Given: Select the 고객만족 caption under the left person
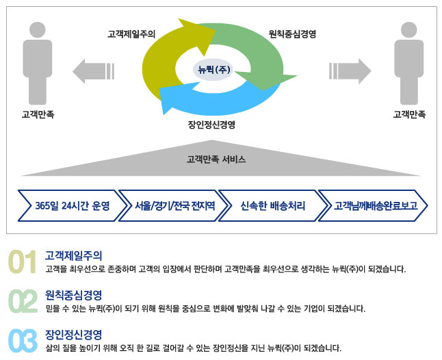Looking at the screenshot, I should pos(38,114).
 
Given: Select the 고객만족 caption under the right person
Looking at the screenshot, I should pos(409,114).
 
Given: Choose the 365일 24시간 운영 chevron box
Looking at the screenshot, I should pos(72,205).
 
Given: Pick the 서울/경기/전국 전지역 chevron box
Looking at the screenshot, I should pos(174,205).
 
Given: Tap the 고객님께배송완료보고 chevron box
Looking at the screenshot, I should pos(373,205).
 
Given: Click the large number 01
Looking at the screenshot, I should pos(22,263).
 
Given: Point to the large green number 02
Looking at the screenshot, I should pos(22,302).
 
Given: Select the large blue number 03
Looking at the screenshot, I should pos(22,341).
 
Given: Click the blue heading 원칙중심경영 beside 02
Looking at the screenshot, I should pos(73,295).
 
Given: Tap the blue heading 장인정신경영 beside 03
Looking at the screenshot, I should pos(73,334).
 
